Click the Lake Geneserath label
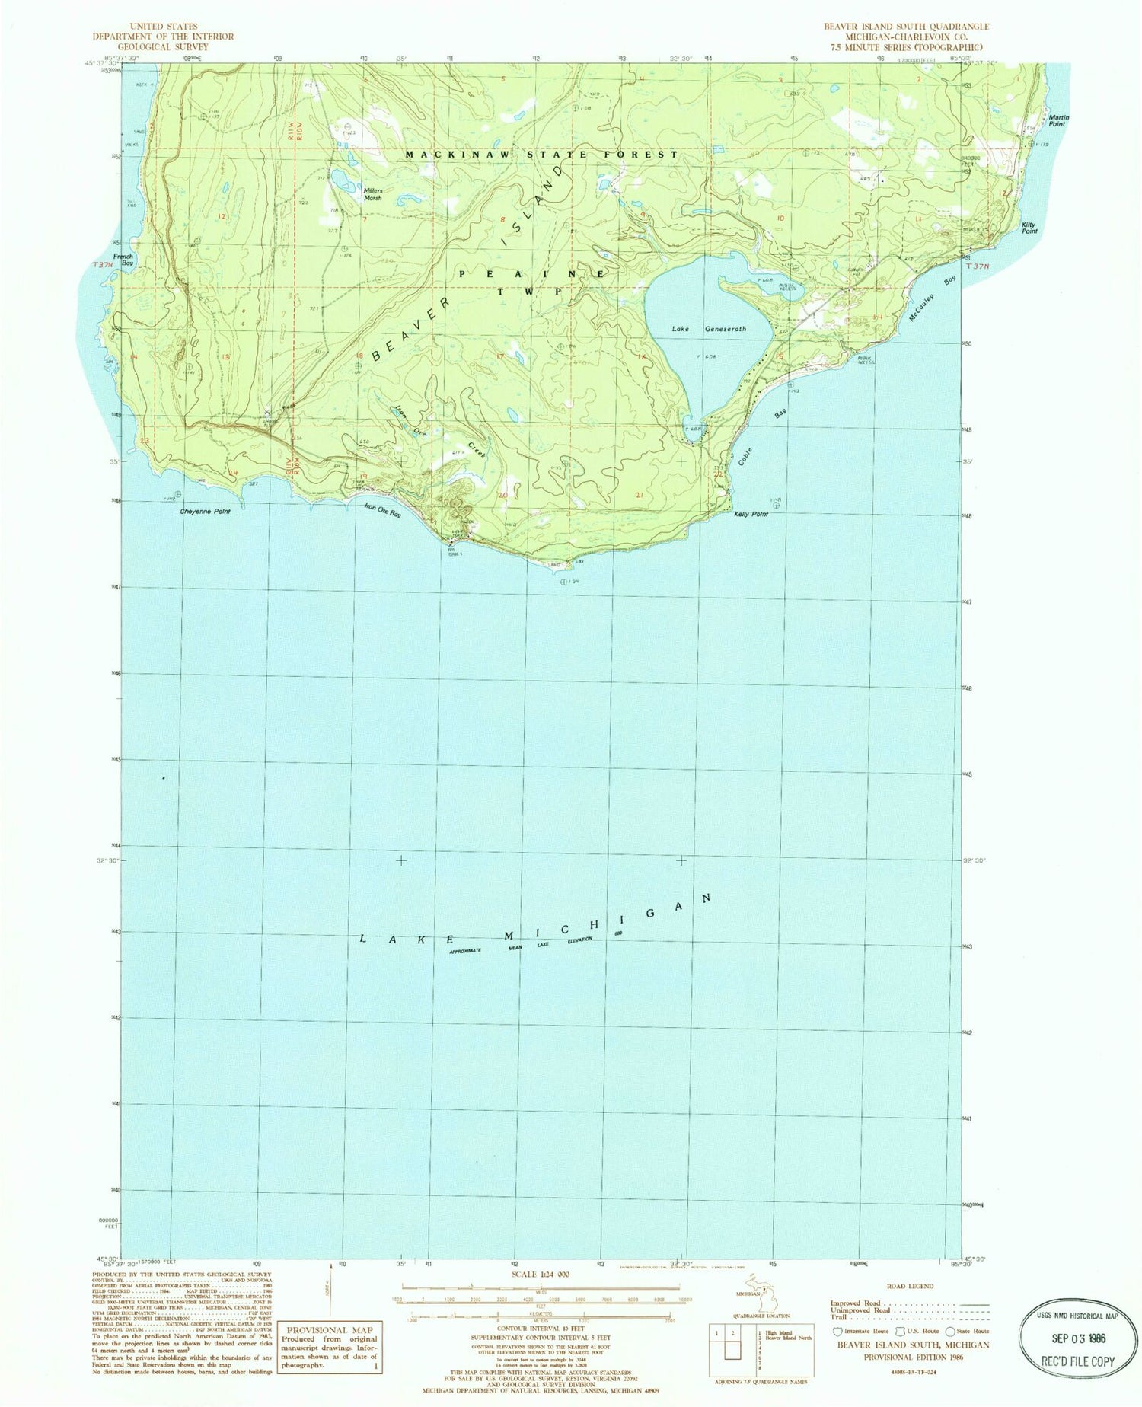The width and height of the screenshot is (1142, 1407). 708,329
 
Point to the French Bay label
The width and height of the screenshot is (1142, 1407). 123,260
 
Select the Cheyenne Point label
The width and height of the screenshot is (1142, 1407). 205,512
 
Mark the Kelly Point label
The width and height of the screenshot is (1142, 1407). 751,515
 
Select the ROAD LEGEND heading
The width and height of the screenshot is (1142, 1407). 910,1286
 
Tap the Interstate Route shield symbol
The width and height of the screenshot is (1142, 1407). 839,1332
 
